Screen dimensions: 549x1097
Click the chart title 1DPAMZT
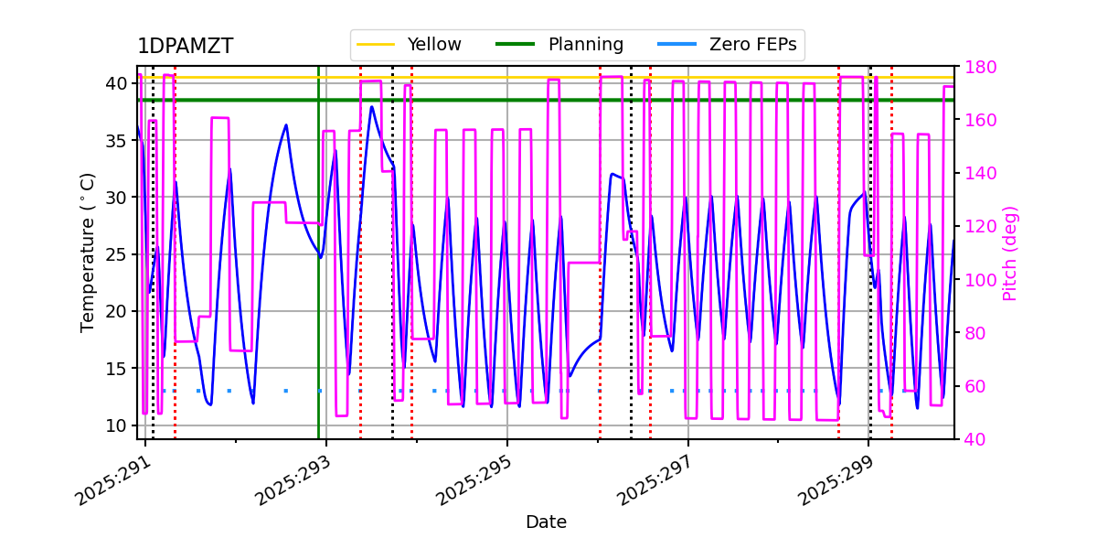(185, 47)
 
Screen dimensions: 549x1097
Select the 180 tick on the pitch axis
(977, 67)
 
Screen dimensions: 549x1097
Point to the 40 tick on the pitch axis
(973, 439)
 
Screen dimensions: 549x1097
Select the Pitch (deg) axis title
(1010, 253)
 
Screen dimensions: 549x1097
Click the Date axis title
(546, 522)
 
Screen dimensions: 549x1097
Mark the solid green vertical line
(319, 274)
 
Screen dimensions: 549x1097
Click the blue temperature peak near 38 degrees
(371, 107)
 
